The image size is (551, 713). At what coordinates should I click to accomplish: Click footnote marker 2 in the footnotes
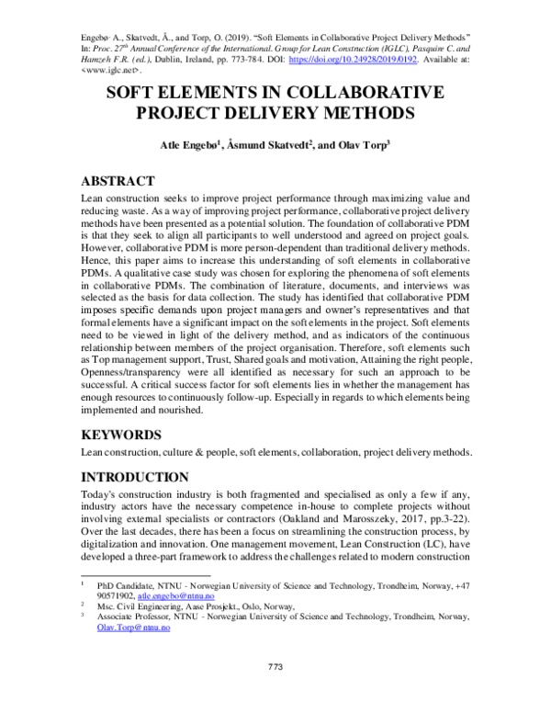84,605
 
